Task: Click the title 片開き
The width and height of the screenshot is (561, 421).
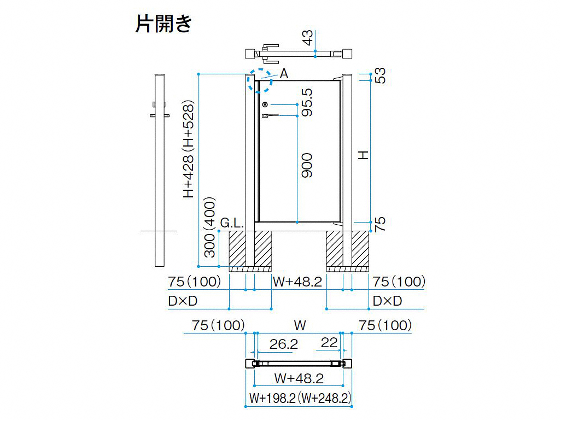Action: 164,24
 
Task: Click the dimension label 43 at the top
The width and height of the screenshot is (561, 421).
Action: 308,38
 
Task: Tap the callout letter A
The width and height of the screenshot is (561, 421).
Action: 284,74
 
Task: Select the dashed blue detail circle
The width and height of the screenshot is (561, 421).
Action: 259,81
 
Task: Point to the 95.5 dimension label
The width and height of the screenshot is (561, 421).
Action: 307,103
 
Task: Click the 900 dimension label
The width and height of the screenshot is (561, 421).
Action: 307,165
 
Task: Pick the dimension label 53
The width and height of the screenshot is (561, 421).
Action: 381,76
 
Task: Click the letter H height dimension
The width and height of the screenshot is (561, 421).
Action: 364,155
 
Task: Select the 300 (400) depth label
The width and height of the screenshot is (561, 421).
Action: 210,227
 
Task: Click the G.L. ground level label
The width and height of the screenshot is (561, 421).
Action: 232,223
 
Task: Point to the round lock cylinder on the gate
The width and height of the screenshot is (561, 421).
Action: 265,104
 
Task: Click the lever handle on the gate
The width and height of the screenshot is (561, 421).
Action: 270,115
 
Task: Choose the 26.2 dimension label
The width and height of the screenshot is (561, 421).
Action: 284,344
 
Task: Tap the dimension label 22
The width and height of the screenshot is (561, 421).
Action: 329,343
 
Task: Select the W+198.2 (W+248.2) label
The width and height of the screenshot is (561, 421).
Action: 300,398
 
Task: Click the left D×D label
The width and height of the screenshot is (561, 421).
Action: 183,301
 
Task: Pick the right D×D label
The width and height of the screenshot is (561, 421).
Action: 388,301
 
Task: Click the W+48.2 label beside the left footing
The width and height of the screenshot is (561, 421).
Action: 297,282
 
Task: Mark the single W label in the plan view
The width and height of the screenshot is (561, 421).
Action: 300,326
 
